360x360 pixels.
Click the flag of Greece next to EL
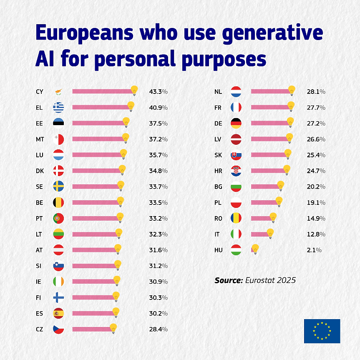(x=58, y=108)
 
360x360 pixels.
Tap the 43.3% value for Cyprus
(x=158, y=92)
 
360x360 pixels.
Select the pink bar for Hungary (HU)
(x=252, y=250)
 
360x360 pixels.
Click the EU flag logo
(x=322, y=331)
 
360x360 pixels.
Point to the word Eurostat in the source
(x=262, y=280)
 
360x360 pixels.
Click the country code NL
(x=218, y=92)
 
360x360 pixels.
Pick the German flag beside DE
(x=236, y=123)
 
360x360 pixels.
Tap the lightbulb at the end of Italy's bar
(x=270, y=233)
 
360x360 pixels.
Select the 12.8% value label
(x=316, y=234)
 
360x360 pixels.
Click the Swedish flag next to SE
(x=58, y=187)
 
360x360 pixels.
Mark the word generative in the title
(x=272, y=33)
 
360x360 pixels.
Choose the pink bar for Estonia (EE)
(x=98, y=123)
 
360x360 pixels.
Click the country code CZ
(x=40, y=329)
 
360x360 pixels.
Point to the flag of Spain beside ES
(x=58, y=313)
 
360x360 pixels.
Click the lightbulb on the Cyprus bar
(x=134, y=90)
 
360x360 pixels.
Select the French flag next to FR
(x=236, y=108)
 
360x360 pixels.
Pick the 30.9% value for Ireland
(x=158, y=282)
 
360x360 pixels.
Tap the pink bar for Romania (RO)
(x=260, y=219)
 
